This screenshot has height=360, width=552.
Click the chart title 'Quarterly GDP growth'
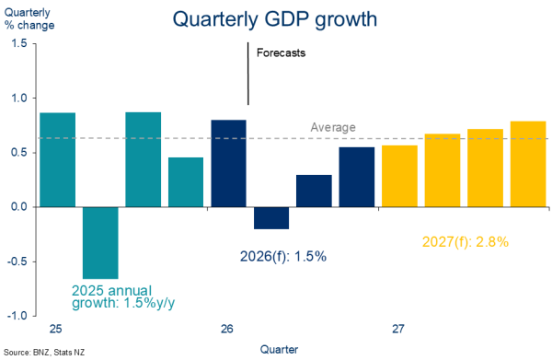tap(274, 19)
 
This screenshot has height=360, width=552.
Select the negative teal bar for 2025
tap(100, 243)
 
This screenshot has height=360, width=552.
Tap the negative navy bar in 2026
tap(271, 218)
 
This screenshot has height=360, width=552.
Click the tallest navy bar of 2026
tap(228, 164)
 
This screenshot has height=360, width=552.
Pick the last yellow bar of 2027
tap(528, 164)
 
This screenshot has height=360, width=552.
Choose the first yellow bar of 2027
tap(400, 176)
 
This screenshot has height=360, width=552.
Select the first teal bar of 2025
tap(58, 160)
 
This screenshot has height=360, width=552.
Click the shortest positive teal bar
tap(186, 182)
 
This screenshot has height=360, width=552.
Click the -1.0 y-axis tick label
tap(17, 316)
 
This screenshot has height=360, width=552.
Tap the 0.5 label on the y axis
tap(19, 153)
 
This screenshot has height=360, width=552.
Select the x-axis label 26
tap(227, 329)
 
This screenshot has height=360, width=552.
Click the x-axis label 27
tap(398, 329)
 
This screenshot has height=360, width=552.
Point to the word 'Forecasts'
tap(281, 52)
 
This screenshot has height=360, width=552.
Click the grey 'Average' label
tap(333, 127)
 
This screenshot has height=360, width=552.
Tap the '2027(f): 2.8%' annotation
tap(466, 242)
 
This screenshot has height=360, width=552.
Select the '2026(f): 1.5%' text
tap(283, 257)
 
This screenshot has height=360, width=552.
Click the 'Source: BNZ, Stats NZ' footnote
tap(44, 353)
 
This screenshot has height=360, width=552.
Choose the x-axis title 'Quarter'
tap(279, 350)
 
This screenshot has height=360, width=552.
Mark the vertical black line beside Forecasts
tap(247, 74)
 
